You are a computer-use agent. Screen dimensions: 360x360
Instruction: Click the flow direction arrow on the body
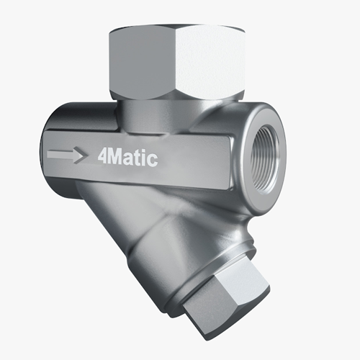coord(64,153)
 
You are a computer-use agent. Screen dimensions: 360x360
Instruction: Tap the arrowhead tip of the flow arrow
coord(81,153)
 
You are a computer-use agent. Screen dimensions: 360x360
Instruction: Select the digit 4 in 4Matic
coord(100,154)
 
